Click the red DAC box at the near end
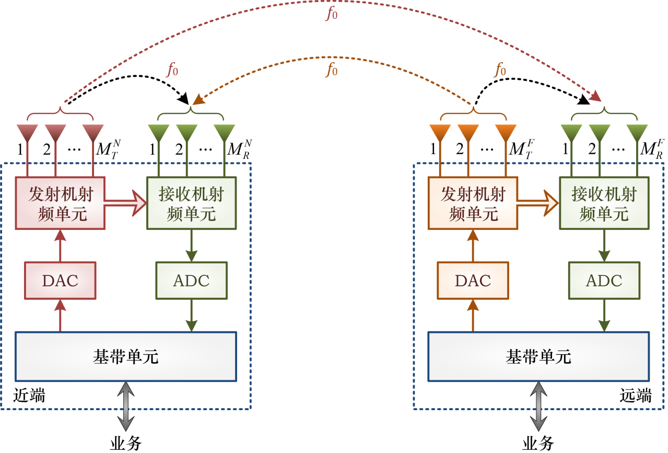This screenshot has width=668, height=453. point(60,281)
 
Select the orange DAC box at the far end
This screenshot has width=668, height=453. point(473,281)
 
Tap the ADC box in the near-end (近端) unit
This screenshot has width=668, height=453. point(191,281)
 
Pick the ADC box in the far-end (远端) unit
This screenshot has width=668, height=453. point(604,281)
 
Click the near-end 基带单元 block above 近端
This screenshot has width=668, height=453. point(125,356)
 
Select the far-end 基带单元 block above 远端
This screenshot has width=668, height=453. point(538,356)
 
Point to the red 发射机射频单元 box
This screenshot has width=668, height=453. point(60,203)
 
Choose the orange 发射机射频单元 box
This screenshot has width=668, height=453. point(473,203)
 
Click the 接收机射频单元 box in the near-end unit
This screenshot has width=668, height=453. point(191,203)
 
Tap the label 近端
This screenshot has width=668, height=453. point(29,396)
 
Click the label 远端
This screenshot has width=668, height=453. point(635,396)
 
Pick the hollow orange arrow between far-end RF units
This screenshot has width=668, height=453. point(538,203)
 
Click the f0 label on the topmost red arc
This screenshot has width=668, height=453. point(332,14)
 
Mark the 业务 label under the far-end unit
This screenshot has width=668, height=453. point(538,444)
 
